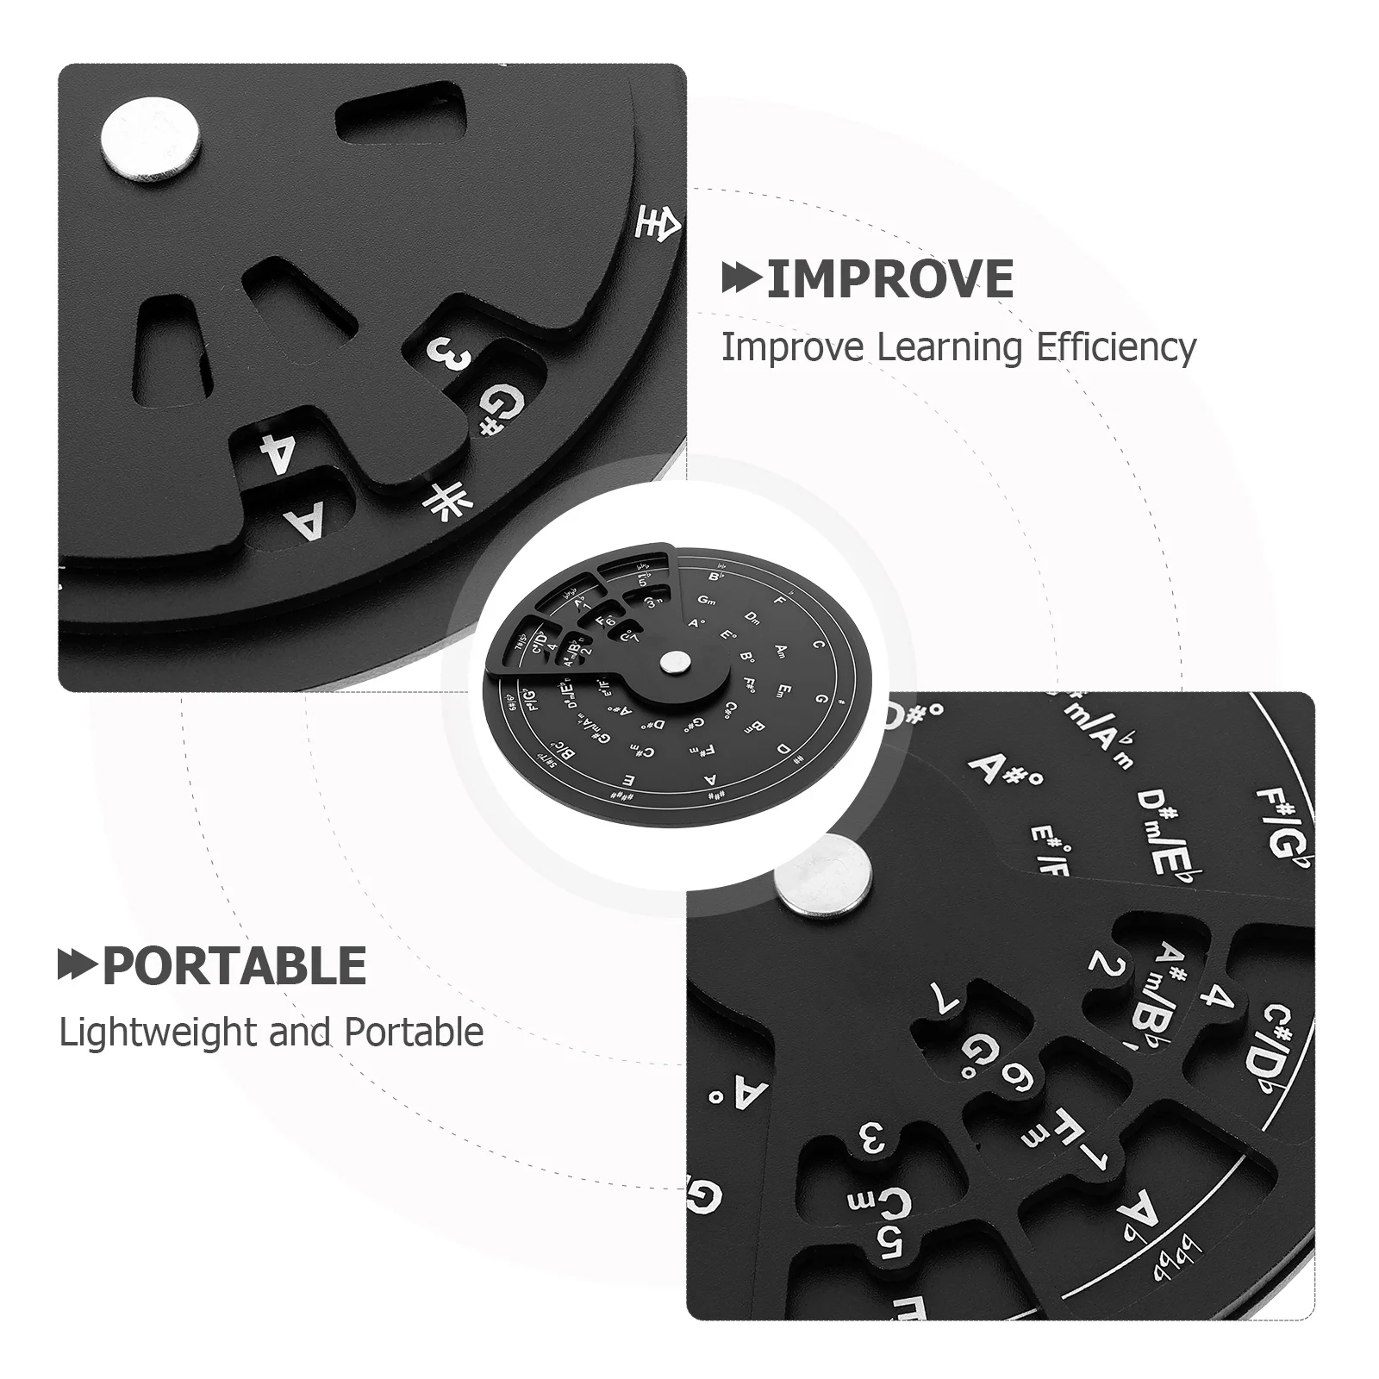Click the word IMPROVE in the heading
889,278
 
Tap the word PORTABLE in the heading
234,965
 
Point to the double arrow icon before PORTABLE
78,965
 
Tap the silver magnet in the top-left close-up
150,137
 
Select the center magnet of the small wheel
675,663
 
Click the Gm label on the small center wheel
708,600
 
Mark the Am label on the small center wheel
782,649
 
